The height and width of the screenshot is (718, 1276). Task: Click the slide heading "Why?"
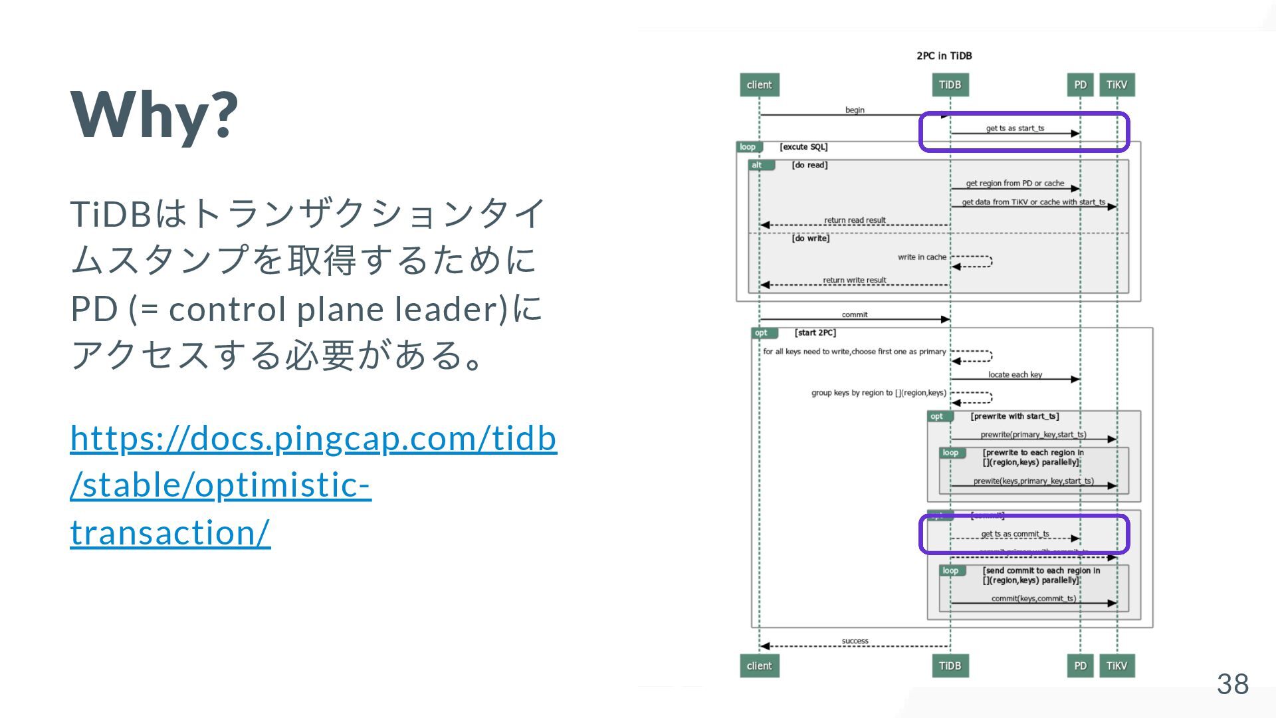pyautogui.click(x=154, y=114)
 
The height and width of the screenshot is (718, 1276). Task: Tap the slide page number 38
pyautogui.click(x=1232, y=683)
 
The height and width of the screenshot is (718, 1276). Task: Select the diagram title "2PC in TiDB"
pyautogui.click(x=944, y=56)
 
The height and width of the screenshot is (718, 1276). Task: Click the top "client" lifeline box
pyautogui.click(x=759, y=85)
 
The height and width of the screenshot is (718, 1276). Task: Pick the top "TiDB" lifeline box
pyautogui.click(x=950, y=85)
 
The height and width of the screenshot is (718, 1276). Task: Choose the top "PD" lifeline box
pyautogui.click(x=1080, y=85)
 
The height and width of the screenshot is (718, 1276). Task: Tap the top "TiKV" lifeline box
pyautogui.click(x=1116, y=85)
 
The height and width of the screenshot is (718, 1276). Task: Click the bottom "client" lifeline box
pyautogui.click(x=759, y=665)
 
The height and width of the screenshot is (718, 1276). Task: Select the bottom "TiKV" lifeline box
pyautogui.click(x=1116, y=665)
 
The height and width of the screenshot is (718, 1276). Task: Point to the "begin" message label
pyautogui.click(x=855, y=110)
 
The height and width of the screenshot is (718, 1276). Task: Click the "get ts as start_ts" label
pyautogui.click(x=1015, y=128)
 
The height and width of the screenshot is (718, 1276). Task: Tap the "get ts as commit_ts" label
pyautogui.click(x=1015, y=534)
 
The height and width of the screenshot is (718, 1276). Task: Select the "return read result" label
pyautogui.click(x=855, y=220)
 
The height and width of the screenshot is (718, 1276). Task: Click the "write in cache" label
pyautogui.click(x=922, y=257)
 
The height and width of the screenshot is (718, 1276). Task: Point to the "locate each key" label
pyautogui.click(x=1015, y=375)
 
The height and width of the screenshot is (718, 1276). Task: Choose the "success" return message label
pyautogui.click(x=855, y=641)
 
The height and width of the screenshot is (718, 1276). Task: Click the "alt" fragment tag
pyautogui.click(x=757, y=165)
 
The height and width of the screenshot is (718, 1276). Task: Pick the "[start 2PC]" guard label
pyautogui.click(x=815, y=332)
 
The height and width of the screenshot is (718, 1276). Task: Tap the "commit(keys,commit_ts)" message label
pyautogui.click(x=1033, y=598)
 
